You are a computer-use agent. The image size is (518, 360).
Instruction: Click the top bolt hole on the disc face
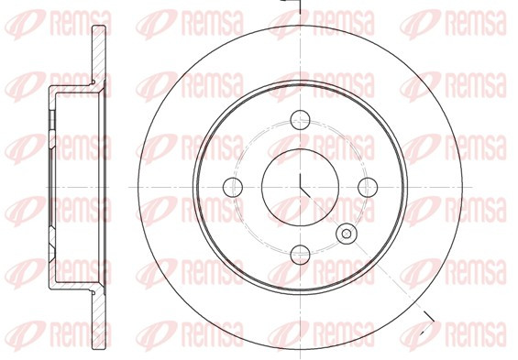300,120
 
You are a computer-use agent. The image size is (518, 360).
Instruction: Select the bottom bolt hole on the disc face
301,255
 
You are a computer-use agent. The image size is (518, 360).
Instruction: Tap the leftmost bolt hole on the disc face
233,187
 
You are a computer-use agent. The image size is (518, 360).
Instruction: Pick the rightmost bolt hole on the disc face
368,187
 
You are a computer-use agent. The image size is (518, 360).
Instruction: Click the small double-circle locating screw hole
347,234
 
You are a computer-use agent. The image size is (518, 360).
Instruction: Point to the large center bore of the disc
300,187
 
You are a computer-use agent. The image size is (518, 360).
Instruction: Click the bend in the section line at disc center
301,188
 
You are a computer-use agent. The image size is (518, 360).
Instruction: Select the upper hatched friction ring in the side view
99,56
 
